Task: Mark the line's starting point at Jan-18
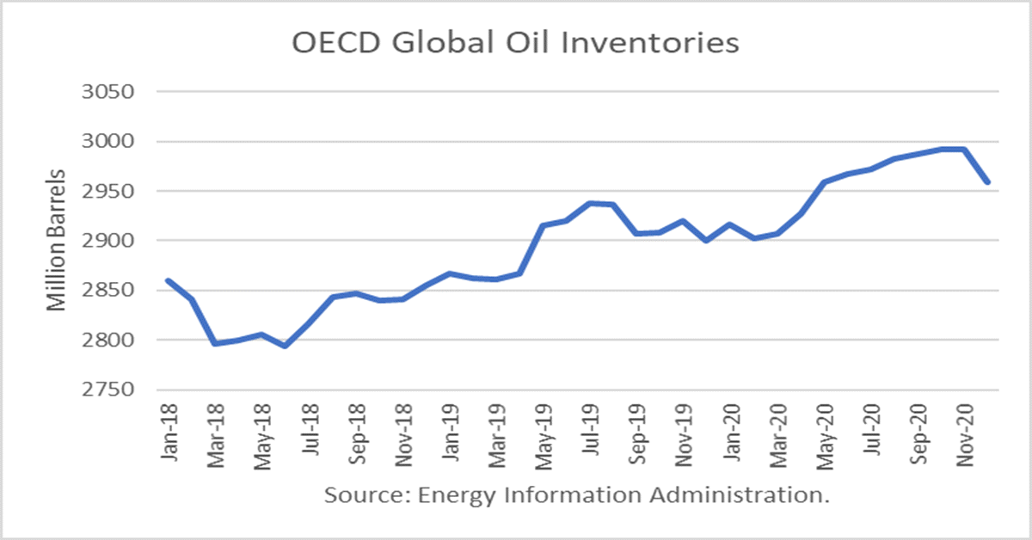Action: point(168,280)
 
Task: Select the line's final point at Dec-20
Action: point(987,182)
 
